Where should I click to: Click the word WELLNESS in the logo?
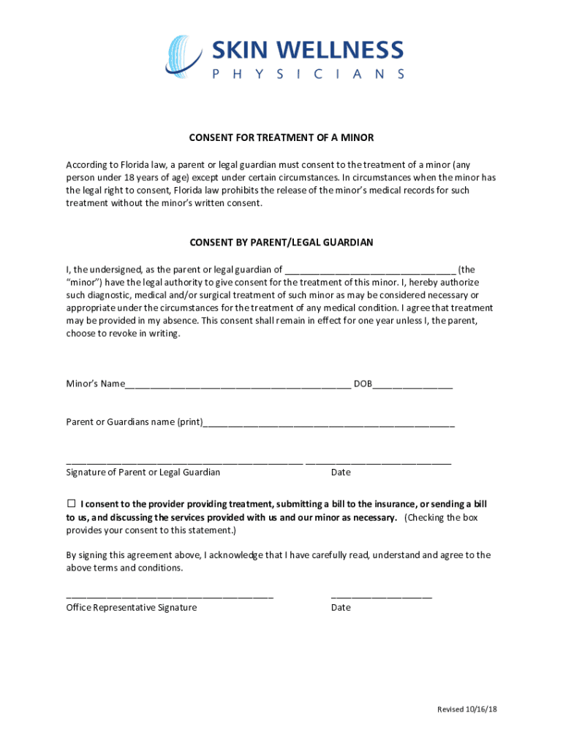(339, 50)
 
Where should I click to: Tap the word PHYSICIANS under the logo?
(308, 74)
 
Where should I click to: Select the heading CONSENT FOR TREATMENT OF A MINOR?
(281, 138)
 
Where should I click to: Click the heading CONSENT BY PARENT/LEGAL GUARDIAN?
(281, 242)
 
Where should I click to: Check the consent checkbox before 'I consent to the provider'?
(71, 504)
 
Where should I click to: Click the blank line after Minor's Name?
(238, 386)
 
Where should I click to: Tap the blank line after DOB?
(412, 386)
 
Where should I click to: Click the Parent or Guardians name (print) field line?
(329, 424)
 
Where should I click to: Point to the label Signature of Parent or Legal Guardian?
(143, 473)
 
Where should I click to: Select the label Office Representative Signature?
(131, 608)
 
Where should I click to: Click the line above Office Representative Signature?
(170, 598)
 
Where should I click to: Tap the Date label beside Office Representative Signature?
(341, 608)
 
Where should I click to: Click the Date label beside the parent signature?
(341, 473)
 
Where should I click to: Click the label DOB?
(363, 384)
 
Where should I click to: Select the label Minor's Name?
(95, 384)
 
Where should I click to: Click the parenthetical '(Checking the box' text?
(441, 518)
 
